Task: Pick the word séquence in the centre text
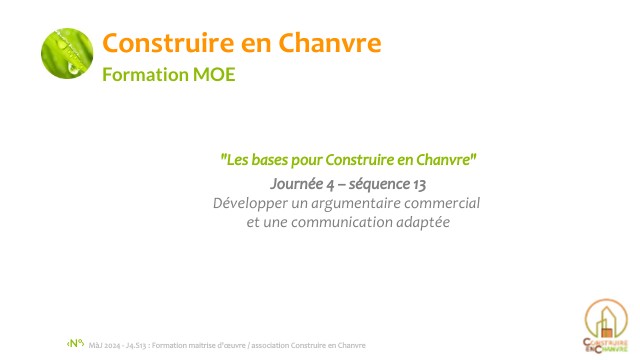click(x=383, y=184)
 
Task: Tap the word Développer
click(x=250, y=203)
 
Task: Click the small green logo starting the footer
click(x=76, y=343)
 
